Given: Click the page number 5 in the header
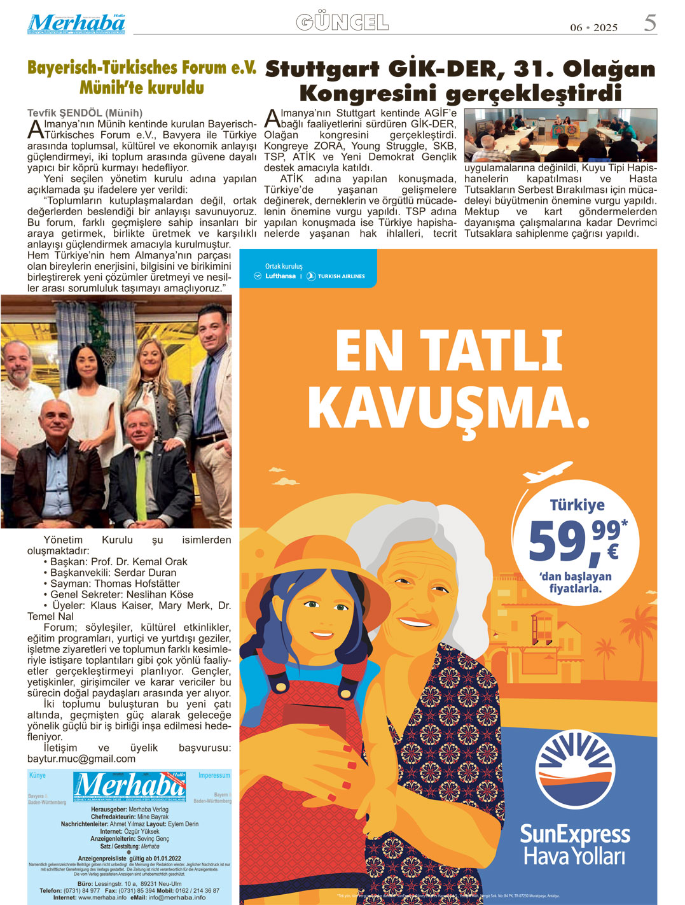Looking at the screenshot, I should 649,23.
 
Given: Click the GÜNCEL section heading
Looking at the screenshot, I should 342,23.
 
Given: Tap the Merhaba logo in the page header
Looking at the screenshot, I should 76,24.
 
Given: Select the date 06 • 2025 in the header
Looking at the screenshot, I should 593,27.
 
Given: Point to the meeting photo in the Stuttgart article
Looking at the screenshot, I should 560,135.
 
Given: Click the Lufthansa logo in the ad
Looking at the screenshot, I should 276,276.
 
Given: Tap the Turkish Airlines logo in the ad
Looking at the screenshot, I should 336,276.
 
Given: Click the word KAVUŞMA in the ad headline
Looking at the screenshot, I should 449,408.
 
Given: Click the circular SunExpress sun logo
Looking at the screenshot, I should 575,770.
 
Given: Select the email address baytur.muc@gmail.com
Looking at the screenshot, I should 81,759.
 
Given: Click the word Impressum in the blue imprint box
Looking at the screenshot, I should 214,775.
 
